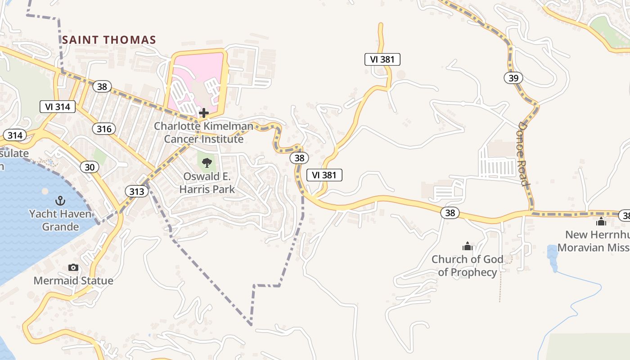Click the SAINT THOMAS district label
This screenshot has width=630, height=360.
click(109, 40)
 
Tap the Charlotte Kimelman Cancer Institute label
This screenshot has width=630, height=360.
click(203, 132)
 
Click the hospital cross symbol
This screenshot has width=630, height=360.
click(204, 112)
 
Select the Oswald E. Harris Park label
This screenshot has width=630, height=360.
click(207, 183)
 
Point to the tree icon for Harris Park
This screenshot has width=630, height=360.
click(207, 162)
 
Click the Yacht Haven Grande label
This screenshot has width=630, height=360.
click(60, 220)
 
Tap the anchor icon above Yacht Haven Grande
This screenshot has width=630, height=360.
click(60, 200)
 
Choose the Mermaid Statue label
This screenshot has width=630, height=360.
click(73, 281)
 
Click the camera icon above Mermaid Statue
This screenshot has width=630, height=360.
click(73, 268)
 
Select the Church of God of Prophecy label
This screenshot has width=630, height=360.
click(468, 265)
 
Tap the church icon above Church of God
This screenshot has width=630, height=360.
click(468, 246)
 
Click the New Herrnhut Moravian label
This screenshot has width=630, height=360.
click(594, 241)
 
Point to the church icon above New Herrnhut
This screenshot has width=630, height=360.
click(601, 221)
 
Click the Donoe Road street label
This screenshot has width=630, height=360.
click(525, 153)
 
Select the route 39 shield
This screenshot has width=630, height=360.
click(513, 78)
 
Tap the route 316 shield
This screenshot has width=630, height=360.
click(104, 129)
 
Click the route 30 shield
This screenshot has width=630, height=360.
click(90, 167)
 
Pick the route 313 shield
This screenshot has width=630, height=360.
click(137, 192)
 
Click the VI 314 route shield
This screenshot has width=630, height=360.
click(57, 107)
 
